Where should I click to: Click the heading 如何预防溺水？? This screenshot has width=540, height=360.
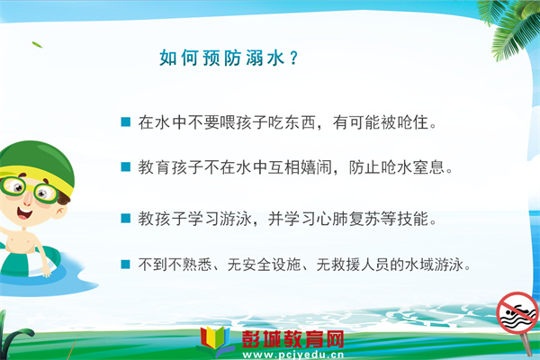coord(229,58)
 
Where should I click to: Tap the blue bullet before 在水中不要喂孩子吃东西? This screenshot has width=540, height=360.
coord(126,122)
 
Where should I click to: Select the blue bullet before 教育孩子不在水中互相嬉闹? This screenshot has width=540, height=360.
coord(126,166)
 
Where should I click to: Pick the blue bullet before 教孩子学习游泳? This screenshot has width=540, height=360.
coord(126,219)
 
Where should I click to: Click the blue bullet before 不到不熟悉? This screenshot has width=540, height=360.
coord(126,265)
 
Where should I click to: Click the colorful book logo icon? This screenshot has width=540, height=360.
coord(215,340)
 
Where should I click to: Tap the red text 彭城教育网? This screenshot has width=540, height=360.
coord(292,339)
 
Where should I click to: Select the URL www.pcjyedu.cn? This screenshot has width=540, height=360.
coord(293,355)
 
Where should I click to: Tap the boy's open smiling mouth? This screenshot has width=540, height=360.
coord(25,213)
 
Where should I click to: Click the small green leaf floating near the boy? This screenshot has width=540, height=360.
coord(37,45)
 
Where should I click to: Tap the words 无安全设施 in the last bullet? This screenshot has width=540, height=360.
coord(264,265)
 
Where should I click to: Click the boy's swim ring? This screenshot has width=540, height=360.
coord(28,263)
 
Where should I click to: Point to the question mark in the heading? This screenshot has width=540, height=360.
coord(293,58)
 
